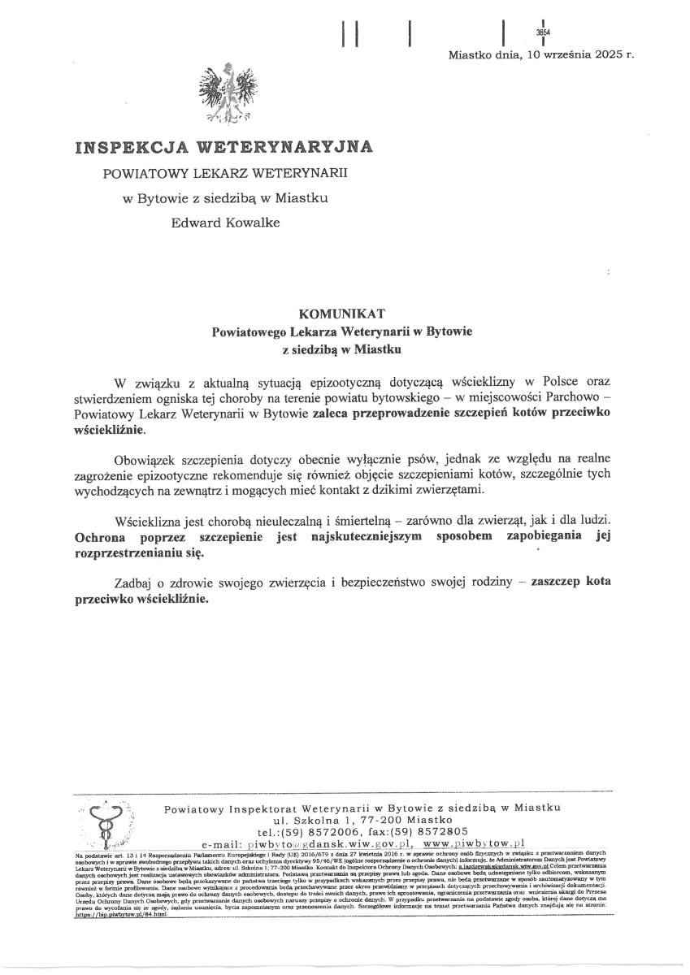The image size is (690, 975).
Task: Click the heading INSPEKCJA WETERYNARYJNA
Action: pyautogui.click(x=224, y=147)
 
